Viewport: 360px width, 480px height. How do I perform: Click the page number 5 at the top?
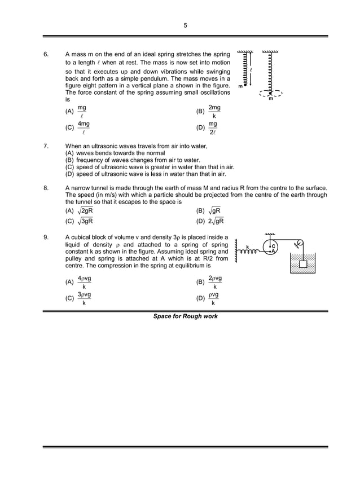185,25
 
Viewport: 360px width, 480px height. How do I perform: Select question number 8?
46,187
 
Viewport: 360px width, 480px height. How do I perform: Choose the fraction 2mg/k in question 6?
214,111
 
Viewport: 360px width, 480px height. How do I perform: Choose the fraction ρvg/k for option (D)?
213,299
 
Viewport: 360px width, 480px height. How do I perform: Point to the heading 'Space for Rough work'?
185,316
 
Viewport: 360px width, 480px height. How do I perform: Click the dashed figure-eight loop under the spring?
270,93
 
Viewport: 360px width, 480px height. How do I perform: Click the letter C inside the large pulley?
273,246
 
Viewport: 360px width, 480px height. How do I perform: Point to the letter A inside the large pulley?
273,252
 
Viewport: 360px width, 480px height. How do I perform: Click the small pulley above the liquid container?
300,244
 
